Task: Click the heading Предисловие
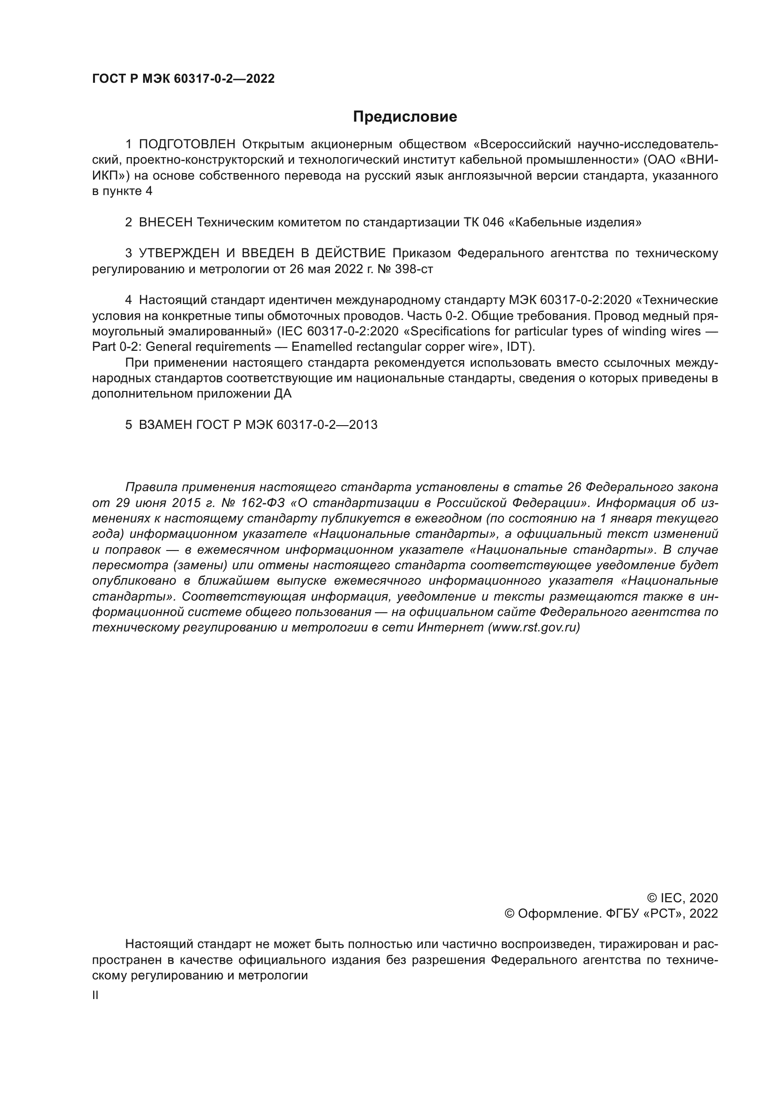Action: pos(405,117)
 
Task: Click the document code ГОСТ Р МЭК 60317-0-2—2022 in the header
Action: pos(183,79)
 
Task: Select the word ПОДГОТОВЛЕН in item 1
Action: pos(187,145)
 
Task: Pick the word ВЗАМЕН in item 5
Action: pos(165,425)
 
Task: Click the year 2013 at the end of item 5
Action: pos(363,425)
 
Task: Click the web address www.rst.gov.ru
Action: pos(534,628)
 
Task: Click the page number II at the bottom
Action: pos(95,995)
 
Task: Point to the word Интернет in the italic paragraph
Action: pos(450,628)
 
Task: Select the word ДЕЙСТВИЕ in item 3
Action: pos(350,254)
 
